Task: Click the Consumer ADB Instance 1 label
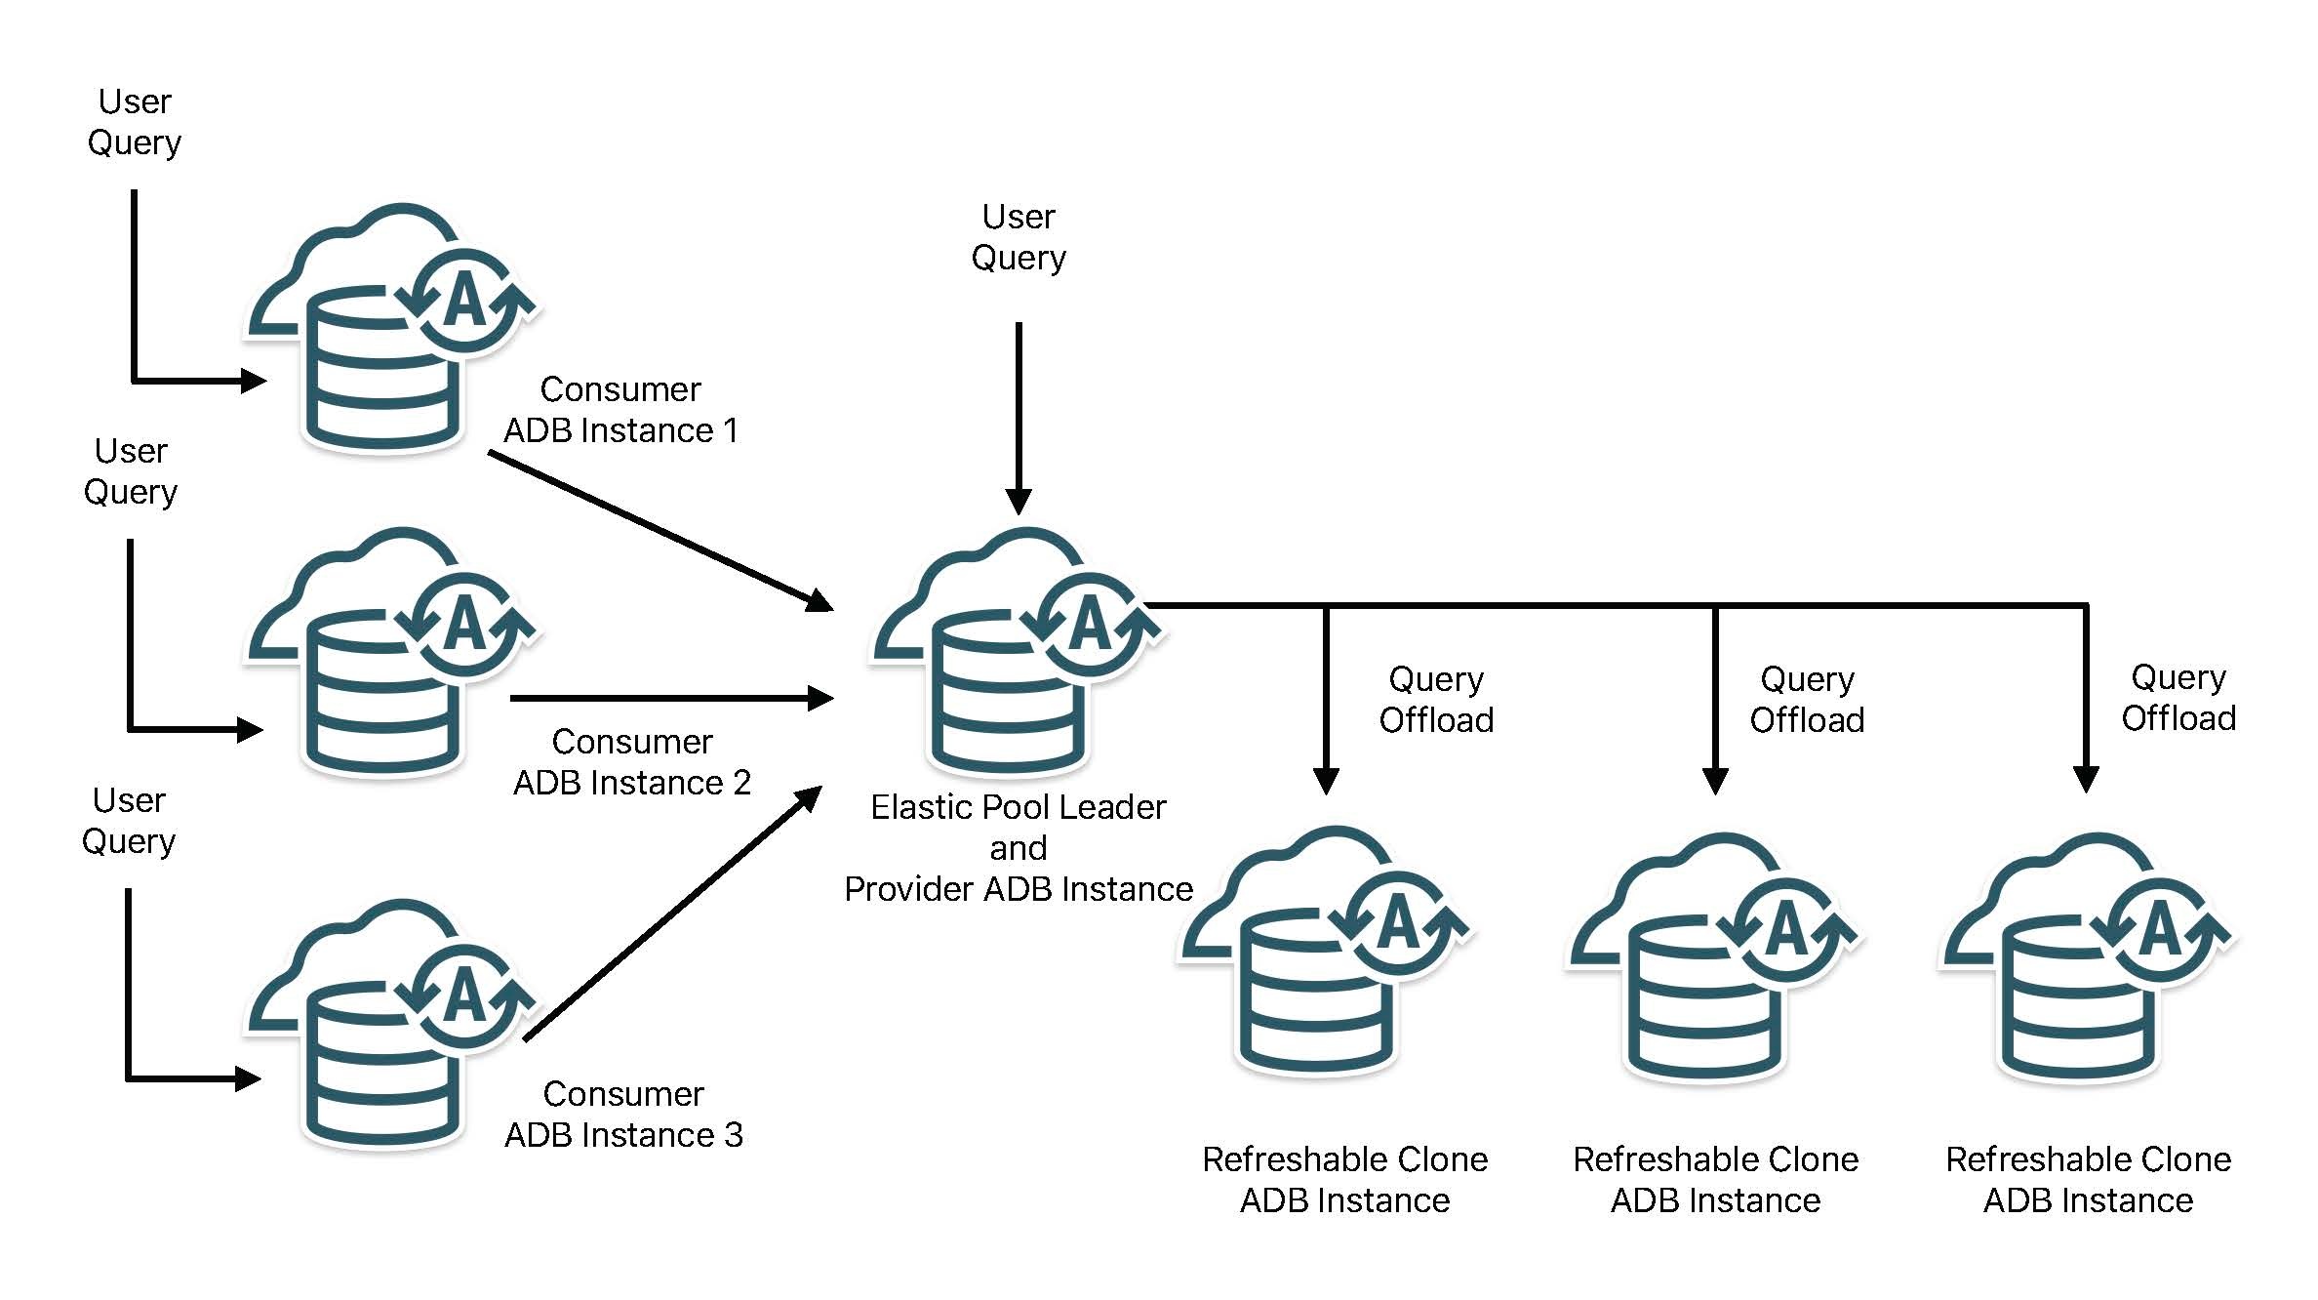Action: coord(620,410)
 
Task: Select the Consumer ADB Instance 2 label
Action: coord(632,762)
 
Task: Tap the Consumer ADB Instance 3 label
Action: coord(623,1115)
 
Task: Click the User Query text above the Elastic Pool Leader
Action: coord(1019,237)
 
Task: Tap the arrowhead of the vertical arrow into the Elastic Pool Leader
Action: coord(1019,501)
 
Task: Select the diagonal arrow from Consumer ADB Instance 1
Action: coord(659,531)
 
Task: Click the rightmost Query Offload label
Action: coord(2178,698)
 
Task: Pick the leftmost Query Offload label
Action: coord(1436,700)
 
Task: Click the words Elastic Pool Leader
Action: coord(1018,807)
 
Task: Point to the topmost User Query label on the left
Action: coord(135,122)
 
